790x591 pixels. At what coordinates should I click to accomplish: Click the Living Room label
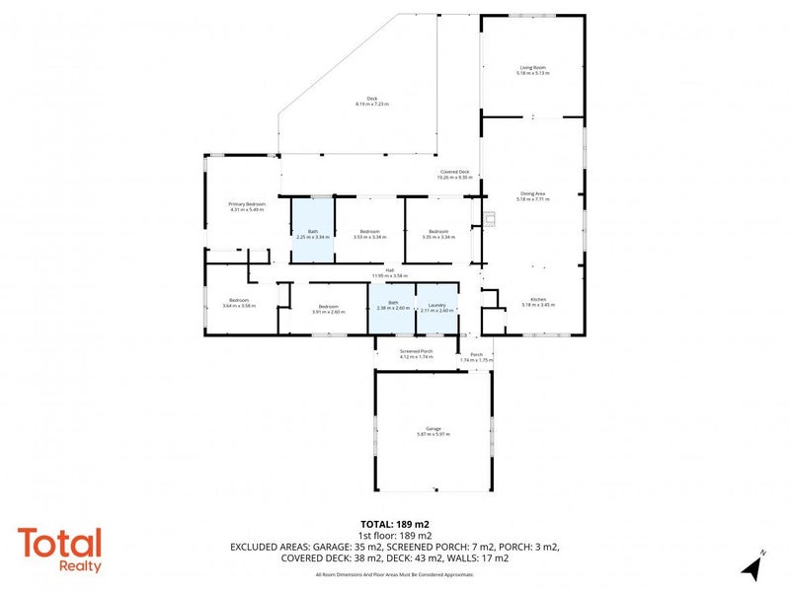click(x=533, y=68)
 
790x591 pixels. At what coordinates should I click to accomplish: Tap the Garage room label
click(x=433, y=429)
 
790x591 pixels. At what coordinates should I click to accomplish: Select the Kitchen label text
click(x=538, y=300)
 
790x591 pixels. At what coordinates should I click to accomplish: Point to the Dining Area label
click(x=533, y=194)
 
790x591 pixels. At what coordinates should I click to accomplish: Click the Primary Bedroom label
click(x=247, y=204)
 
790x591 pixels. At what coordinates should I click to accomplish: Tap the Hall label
click(x=390, y=271)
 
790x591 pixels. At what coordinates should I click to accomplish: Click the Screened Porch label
click(x=416, y=351)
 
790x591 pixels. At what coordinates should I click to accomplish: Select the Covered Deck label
click(x=455, y=173)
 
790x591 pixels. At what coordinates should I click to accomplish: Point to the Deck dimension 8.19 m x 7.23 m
click(x=372, y=104)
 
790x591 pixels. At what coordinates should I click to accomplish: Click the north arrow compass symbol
click(x=752, y=566)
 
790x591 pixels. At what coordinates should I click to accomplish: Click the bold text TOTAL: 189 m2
click(x=395, y=524)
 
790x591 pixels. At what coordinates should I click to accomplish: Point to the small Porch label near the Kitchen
click(x=476, y=355)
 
